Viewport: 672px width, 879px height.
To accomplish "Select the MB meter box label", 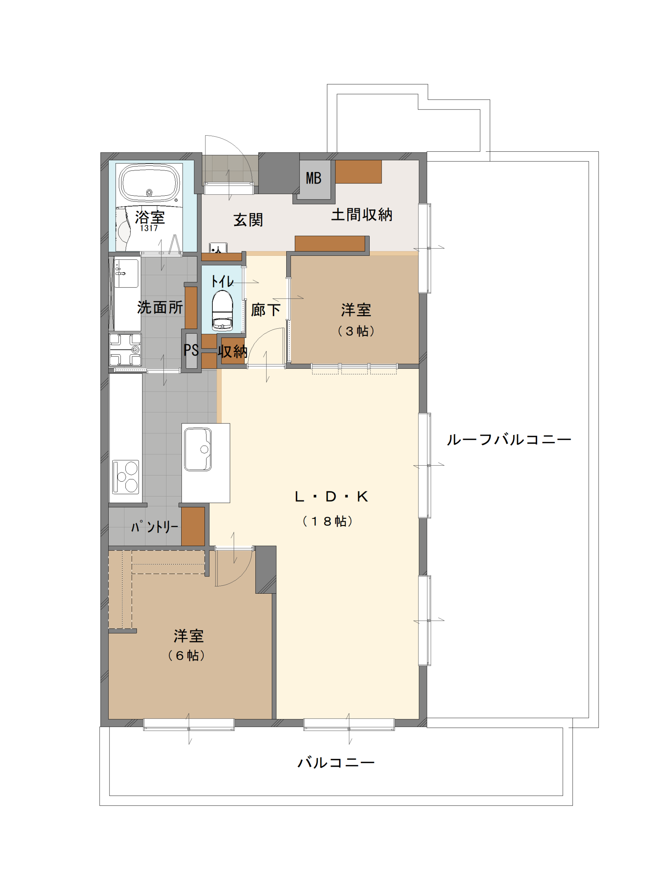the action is [314, 178].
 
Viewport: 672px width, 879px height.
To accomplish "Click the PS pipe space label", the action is [191, 350].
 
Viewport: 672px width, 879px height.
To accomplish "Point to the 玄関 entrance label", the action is [248, 220].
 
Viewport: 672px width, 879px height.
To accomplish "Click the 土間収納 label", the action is [362, 215].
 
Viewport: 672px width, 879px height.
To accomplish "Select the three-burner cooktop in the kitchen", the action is [126, 477].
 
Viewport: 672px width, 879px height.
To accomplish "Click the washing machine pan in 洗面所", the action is [125, 349].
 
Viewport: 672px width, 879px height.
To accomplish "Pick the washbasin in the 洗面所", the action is [126, 273].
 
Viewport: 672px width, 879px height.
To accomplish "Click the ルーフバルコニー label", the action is [509, 440].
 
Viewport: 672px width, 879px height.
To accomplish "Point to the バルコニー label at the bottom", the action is [336, 763].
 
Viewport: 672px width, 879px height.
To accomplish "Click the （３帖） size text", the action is [356, 331].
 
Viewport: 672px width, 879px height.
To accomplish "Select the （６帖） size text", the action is [186, 655].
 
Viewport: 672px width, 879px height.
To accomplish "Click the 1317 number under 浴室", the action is [149, 228].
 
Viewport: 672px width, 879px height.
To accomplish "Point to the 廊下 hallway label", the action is [266, 310].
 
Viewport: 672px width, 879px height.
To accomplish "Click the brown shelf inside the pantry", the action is [193, 526].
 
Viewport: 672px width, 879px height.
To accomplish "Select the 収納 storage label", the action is [232, 351].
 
